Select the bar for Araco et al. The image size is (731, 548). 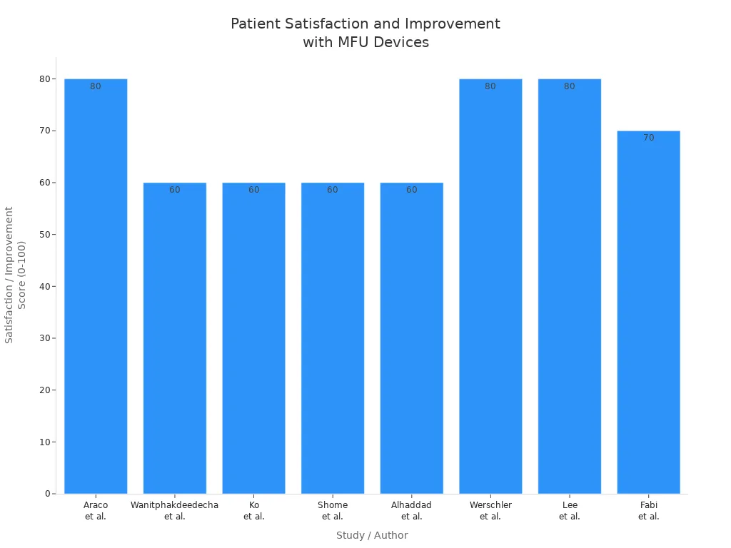96,285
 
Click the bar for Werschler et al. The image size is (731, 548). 490,285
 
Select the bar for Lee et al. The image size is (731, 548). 569,285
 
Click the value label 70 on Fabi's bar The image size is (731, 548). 648,138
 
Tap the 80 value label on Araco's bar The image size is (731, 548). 96,86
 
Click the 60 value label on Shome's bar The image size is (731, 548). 333,190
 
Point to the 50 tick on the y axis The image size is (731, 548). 45,234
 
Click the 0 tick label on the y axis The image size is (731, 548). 48,494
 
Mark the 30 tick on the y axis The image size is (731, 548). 45,338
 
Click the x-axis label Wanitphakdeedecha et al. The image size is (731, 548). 175,511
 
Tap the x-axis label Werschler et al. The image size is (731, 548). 490,511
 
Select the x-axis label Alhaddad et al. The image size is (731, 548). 411,511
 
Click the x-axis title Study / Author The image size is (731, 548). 372,535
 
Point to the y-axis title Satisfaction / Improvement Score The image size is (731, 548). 15,275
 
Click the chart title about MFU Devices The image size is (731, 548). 365,33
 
